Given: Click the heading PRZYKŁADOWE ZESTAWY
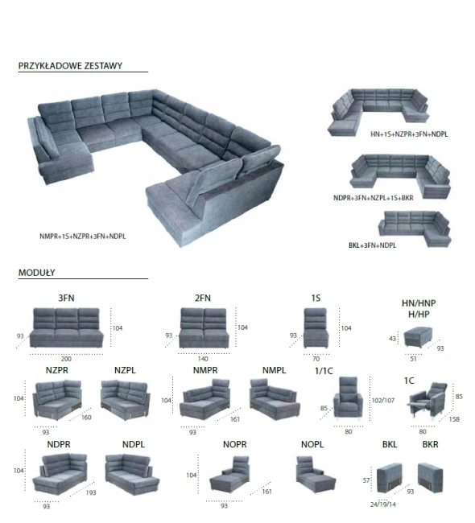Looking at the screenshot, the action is (x=70, y=66).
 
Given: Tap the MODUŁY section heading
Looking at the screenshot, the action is (x=37, y=273).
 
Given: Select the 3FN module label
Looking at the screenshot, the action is (x=67, y=298).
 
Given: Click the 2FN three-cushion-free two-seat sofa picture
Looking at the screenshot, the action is (x=204, y=327).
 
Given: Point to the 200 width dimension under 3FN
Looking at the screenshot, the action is (x=66, y=359).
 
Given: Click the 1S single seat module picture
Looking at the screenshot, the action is (x=316, y=327).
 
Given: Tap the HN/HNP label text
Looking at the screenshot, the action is (x=419, y=303).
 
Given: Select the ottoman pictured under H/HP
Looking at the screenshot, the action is (x=418, y=338).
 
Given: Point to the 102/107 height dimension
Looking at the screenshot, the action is (x=383, y=400).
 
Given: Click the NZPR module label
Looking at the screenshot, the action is (x=57, y=370).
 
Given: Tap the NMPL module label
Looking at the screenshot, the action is (x=274, y=370).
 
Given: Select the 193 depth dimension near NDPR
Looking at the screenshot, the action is (x=91, y=492).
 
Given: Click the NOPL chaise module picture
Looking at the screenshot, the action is (x=316, y=474).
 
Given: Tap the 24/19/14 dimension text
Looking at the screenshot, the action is (x=383, y=504).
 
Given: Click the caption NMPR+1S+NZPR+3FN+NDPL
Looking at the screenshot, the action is (x=82, y=237).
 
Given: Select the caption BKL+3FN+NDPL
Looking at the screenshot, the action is (x=372, y=245).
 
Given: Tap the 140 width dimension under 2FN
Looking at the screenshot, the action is (x=203, y=359).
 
